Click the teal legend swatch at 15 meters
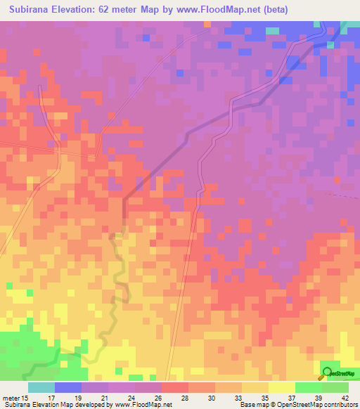(41, 387)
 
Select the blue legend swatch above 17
(67, 387)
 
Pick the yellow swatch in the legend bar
(282, 387)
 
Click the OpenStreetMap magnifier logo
(326, 373)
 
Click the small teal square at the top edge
(271, 31)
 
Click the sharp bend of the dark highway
(124, 202)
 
